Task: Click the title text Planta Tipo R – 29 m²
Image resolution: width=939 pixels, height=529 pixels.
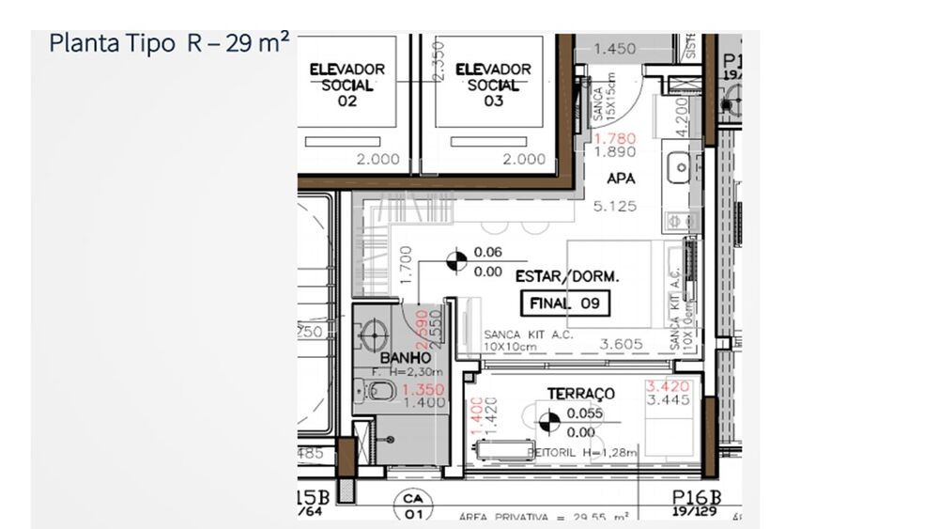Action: (168, 44)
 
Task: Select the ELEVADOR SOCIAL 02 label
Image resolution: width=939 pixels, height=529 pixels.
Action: (347, 86)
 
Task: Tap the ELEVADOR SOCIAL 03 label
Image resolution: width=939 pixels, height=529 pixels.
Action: (493, 86)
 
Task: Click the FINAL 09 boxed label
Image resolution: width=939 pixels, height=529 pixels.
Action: (564, 304)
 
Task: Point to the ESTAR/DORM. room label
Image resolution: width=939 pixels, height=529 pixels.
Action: (567, 277)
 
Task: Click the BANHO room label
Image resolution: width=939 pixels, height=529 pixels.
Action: (406, 358)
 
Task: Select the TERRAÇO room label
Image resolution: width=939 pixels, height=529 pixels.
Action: (581, 394)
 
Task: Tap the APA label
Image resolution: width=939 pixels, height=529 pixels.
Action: (621, 177)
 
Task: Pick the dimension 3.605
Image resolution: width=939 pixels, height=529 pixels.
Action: (623, 344)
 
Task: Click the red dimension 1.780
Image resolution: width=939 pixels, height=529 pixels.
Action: (615, 138)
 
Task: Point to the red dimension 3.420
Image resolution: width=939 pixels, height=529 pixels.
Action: (669, 386)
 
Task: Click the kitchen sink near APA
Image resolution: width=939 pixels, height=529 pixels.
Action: (678, 169)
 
